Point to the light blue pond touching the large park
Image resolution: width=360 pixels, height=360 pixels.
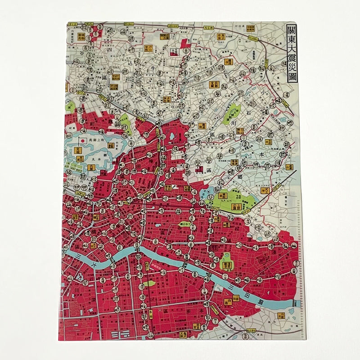pyautogui.click(x=214, y=195)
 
